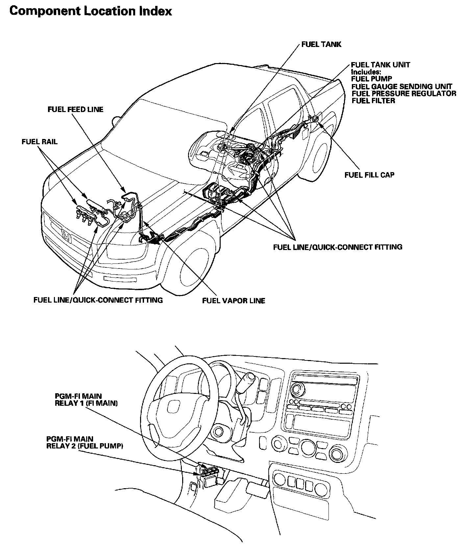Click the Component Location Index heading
tap(91, 11)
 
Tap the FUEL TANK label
tap(321, 44)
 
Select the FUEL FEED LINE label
tap(75, 109)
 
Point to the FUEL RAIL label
tap(39, 142)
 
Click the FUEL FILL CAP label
tap(369, 175)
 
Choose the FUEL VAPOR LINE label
tap(233, 300)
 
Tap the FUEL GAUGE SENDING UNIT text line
tap(402, 86)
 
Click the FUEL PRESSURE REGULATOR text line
tap(404, 94)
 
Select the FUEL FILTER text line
tap(373, 101)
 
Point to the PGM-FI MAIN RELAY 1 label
tap(86, 400)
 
